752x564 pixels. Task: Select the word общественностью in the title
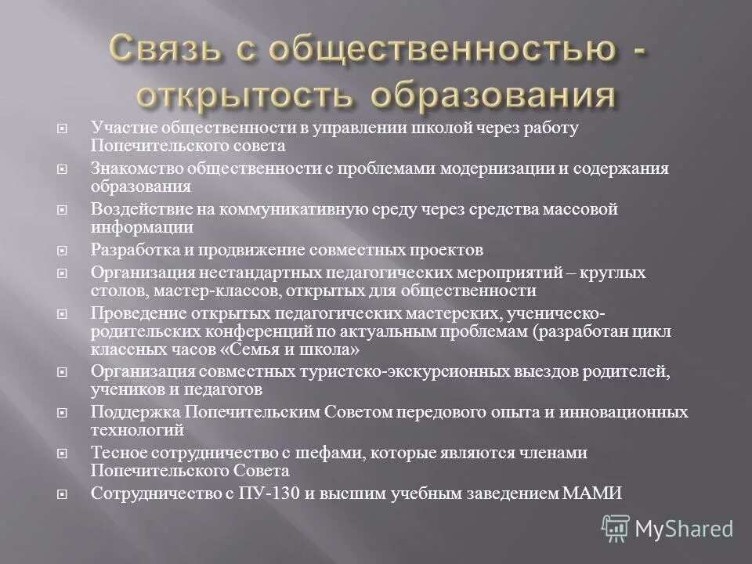point(440,52)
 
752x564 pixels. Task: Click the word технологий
point(137,430)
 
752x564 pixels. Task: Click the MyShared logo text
point(684,529)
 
